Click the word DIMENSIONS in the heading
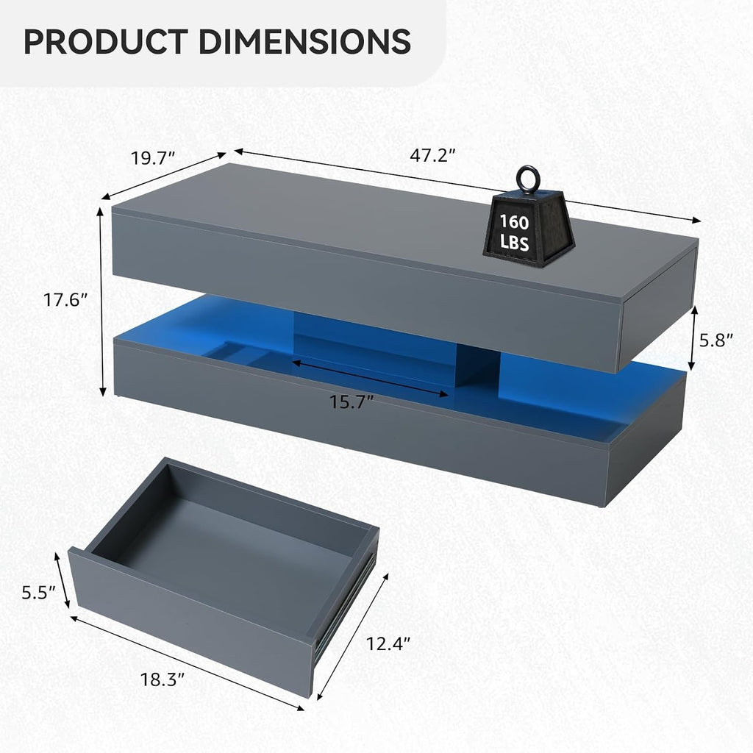pos(304,41)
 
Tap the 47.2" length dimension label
pos(432,155)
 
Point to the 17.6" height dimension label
pos(65,300)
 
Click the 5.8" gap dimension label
pos(716,340)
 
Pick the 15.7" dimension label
pos(351,402)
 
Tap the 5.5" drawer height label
pos(40,593)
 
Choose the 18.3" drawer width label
pos(163,680)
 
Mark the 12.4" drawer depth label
pos(388,643)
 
